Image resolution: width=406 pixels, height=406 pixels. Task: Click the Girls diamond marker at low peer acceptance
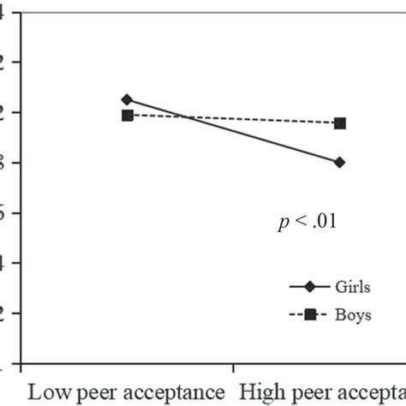pos(127,99)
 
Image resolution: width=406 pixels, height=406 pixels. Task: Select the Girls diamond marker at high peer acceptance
pos(340,162)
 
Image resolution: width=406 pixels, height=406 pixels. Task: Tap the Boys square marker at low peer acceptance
pos(127,115)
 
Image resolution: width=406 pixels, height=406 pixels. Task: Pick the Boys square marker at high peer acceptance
pos(340,123)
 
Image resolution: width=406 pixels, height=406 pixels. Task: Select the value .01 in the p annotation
pos(325,222)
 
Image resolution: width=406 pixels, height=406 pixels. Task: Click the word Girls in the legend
pos(354,288)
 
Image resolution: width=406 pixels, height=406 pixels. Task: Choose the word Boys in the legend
pos(353,314)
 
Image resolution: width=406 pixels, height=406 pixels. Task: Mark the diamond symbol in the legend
pos(309,288)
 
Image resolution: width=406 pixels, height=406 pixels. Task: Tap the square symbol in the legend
pos(309,314)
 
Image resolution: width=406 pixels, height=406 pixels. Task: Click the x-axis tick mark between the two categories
pos(233,367)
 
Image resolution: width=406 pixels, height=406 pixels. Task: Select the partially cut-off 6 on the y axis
pos(3,212)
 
